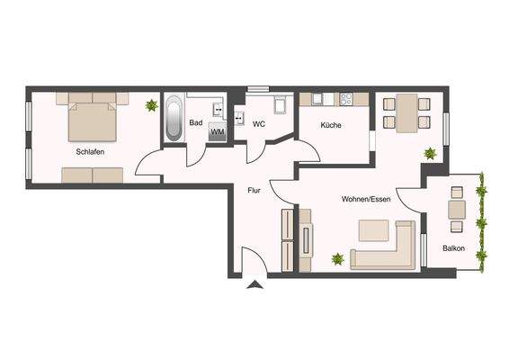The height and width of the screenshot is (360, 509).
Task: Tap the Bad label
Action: (x=195, y=123)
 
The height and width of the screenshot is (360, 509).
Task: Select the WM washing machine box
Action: (x=217, y=132)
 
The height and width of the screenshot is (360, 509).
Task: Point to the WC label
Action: (x=258, y=123)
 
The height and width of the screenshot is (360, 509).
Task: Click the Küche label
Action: (x=329, y=125)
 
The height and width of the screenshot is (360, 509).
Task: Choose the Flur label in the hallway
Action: (x=254, y=190)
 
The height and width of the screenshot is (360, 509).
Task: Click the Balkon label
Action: (x=453, y=247)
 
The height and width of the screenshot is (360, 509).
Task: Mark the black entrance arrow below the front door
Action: (x=254, y=287)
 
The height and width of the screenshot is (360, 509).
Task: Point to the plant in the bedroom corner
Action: (x=151, y=105)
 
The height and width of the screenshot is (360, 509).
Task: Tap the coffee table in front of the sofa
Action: (x=374, y=230)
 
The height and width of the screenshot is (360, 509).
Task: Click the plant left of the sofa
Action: (x=337, y=259)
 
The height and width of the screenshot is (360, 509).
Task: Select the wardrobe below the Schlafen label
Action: (x=93, y=174)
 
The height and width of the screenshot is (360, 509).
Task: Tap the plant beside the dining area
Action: (x=430, y=153)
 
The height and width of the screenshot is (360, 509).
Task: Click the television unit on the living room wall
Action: (x=307, y=239)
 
